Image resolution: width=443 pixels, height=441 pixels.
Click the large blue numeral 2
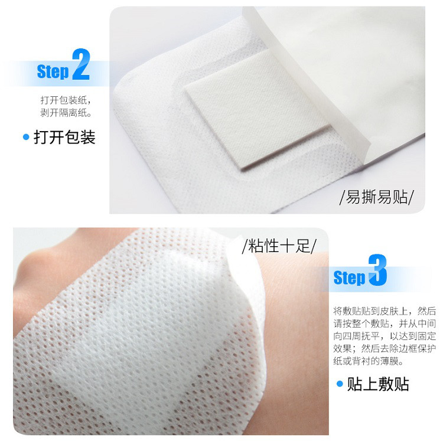(x=81, y=64)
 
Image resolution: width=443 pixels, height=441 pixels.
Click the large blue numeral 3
(x=377, y=270)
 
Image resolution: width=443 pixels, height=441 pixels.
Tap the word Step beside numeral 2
(x=53, y=71)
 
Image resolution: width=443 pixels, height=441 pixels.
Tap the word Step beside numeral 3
(x=349, y=277)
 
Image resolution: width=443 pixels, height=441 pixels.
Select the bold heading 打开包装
(x=65, y=137)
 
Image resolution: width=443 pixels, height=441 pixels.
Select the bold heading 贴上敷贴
(x=378, y=384)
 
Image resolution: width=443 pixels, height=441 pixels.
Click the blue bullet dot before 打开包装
(x=26, y=137)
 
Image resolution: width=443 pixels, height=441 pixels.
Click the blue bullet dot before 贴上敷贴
(x=340, y=384)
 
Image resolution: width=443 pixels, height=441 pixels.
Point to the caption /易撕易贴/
(x=377, y=197)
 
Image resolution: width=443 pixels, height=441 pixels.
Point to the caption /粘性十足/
(x=279, y=246)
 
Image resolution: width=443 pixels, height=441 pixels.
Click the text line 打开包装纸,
(x=66, y=100)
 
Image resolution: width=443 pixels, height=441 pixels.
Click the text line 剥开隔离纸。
(x=66, y=113)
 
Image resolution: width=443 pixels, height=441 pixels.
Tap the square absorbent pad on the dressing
(x=257, y=110)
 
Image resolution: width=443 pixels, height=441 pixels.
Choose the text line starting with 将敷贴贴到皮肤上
(x=385, y=311)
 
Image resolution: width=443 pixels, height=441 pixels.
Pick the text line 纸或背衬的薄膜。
(x=368, y=361)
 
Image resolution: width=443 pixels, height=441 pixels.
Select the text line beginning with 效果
(x=385, y=348)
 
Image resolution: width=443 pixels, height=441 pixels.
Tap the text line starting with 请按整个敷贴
(x=385, y=324)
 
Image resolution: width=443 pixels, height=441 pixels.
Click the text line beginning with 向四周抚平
(x=385, y=336)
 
